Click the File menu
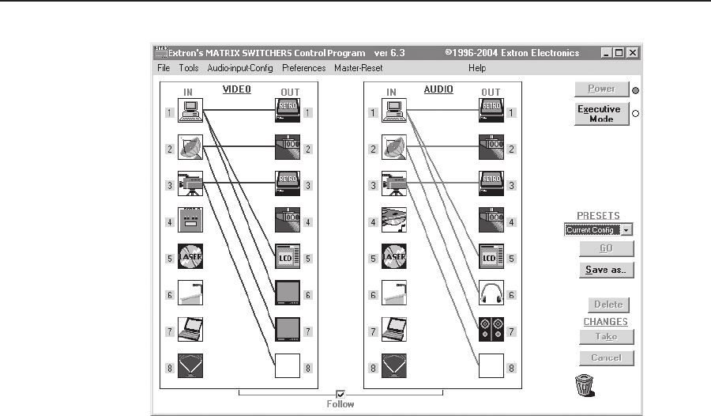[164, 68]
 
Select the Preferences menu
[304, 68]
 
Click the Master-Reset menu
[359, 68]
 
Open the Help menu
[477, 68]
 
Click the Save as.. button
[606, 270]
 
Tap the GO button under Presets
[606, 248]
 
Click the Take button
[606, 336]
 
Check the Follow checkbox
[341, 393]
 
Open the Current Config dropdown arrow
[627, 230]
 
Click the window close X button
[633, 53]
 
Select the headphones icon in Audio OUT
[491, 294]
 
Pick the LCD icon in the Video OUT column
[286, 258]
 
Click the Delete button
[608, 304]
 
